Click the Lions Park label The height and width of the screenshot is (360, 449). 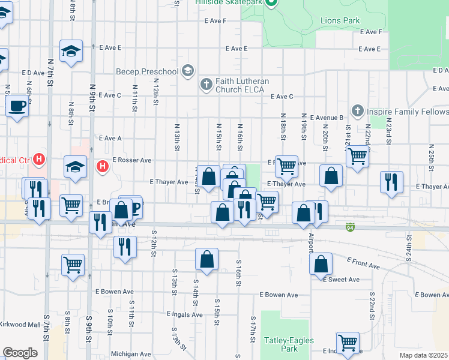340,21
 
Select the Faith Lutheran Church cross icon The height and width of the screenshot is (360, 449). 206,84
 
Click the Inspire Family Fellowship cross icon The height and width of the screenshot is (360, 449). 358,111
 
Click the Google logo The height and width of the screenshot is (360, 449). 20,353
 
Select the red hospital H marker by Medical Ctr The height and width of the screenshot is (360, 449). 39,160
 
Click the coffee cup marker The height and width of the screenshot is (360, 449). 17,107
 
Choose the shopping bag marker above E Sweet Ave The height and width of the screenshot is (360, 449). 321,263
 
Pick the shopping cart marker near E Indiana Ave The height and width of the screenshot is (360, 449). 348,343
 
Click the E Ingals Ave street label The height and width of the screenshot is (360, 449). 185,314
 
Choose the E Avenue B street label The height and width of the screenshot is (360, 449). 325,118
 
